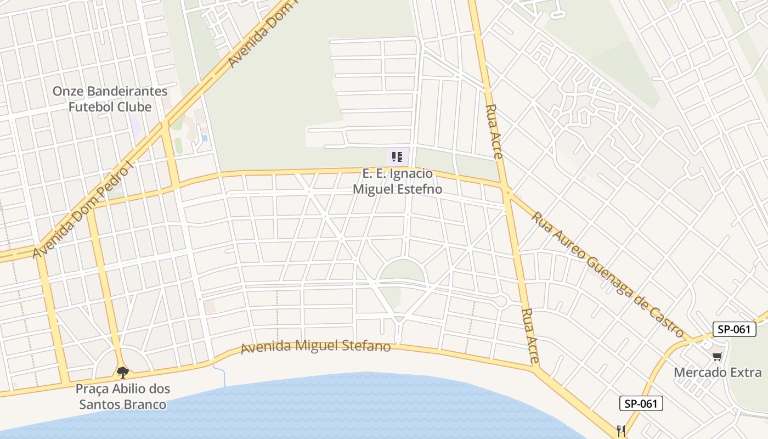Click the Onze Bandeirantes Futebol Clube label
[x=110, y=99]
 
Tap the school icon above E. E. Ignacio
[x=398, y=157]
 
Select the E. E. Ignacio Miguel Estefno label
[x=397, y=182]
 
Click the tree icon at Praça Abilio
[x=122, y=373]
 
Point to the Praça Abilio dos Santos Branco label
[x=122, y=397]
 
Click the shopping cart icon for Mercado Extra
[x=717, y=357]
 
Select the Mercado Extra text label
[x=718, y=373]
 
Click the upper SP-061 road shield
[x=734, y=329]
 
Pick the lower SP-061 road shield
[x=641, y=404]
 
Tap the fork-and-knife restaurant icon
[x=621, y=431]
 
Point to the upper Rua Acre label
[x=494, y=132]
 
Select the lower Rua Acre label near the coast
[x=529, y=337]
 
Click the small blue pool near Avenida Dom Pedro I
[x=205, y=138]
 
